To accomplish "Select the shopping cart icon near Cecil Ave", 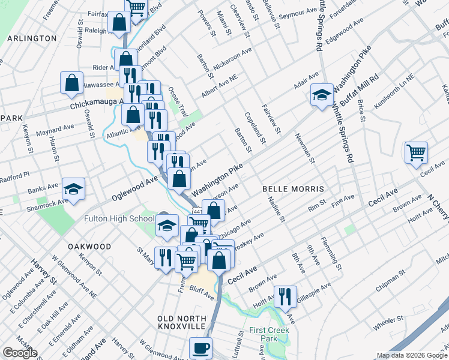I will [416, 152].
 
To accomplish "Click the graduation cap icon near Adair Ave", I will [321, 94].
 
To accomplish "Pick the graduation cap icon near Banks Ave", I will [74, 189].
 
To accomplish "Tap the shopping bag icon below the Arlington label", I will [71, 83].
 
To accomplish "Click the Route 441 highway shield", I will [196, 211].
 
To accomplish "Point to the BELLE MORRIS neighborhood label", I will [286, 188].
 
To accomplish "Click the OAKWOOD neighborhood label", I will [89, 247].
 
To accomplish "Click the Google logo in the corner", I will [20, 353].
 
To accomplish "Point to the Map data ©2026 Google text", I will [411, 355].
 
